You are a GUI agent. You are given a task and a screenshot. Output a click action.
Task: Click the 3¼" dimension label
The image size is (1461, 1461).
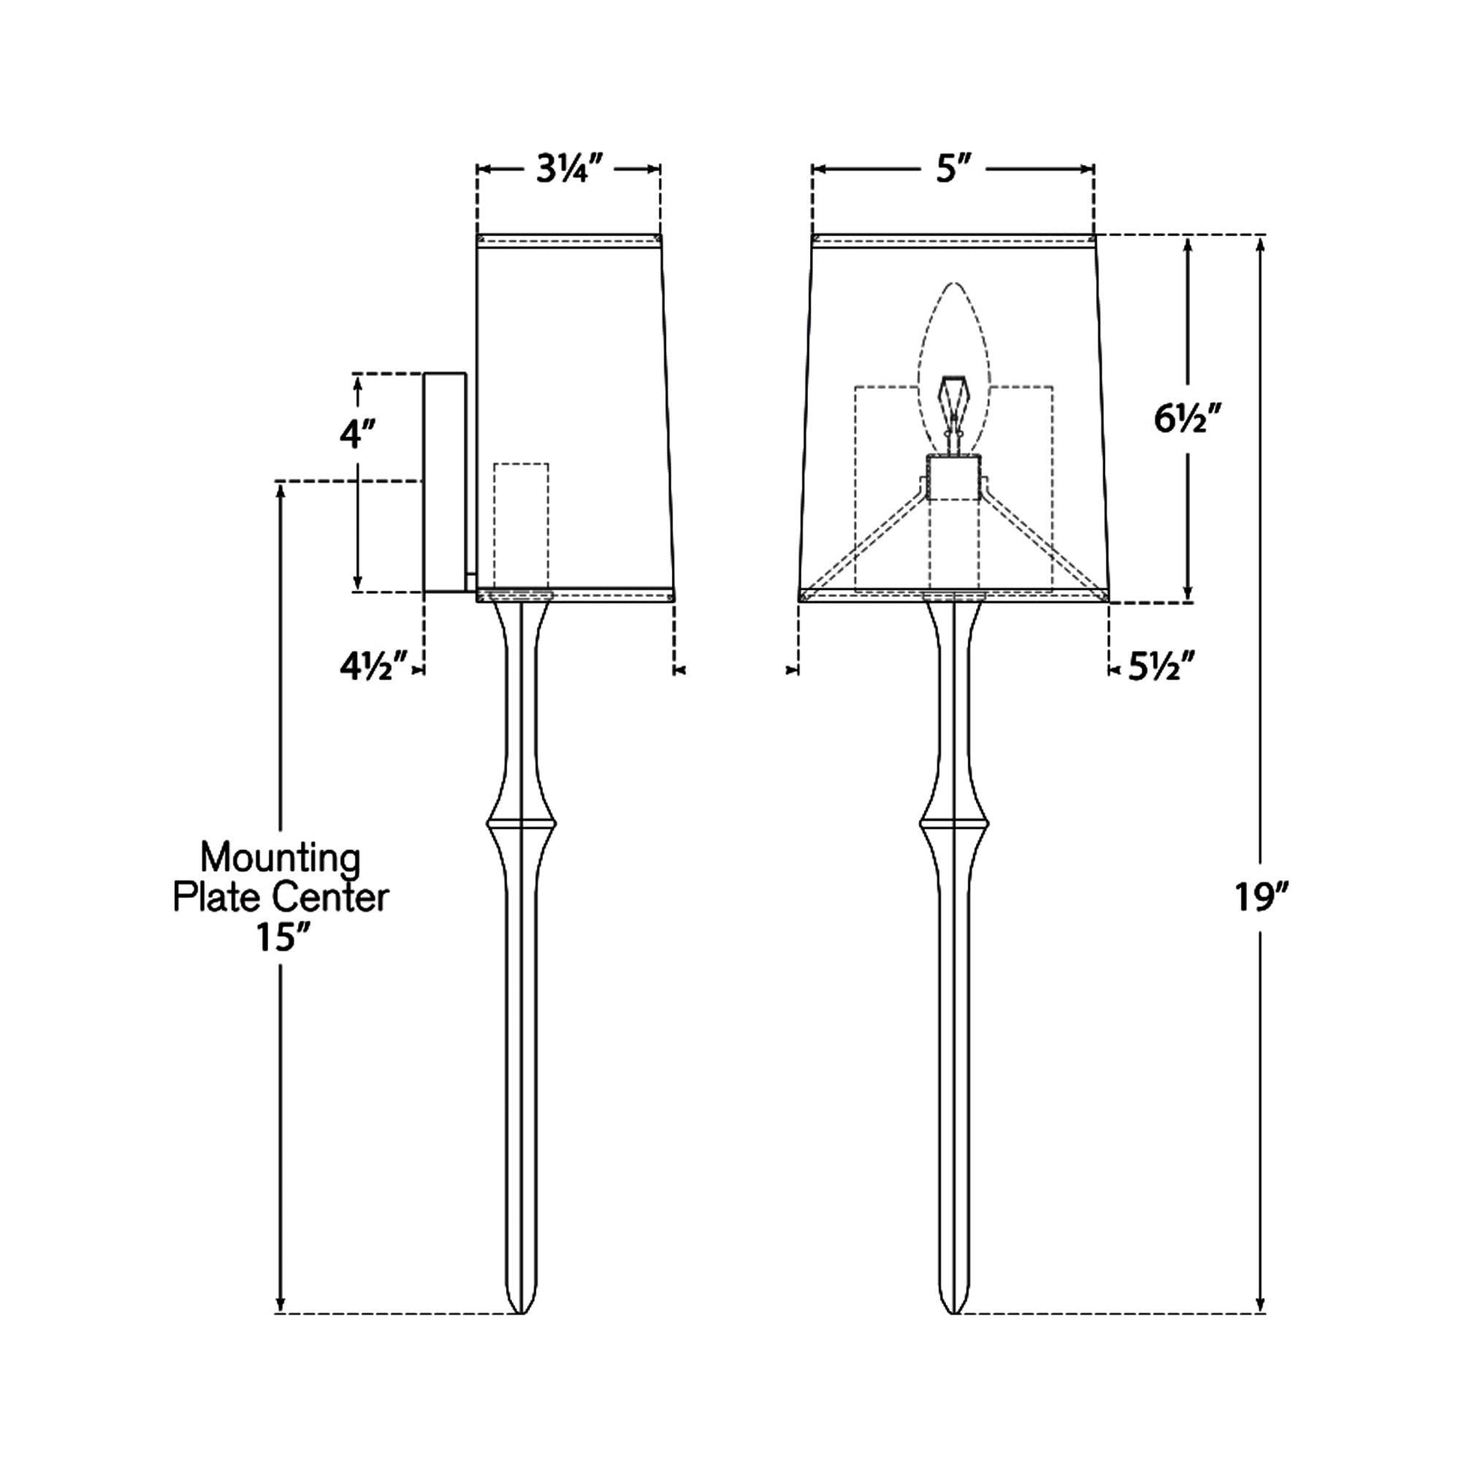click(x=568, y=170)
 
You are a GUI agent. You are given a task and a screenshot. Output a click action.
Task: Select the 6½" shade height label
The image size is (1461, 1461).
click(x=1188, y=418)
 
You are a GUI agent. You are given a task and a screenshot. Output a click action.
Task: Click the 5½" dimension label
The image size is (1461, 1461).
click(x=1161, y=667)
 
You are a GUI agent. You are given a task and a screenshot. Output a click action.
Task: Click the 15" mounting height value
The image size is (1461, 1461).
click(x=282, y=938)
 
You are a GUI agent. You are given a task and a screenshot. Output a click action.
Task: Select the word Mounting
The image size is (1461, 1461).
click(x=280, y=858)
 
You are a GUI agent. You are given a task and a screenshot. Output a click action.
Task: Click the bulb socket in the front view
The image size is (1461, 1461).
click(x=953, y=478)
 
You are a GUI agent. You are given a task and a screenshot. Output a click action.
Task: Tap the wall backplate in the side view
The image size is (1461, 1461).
click(x=444, y=483)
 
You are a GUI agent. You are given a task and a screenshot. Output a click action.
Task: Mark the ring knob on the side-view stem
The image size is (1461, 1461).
click(x=522, y=823)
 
